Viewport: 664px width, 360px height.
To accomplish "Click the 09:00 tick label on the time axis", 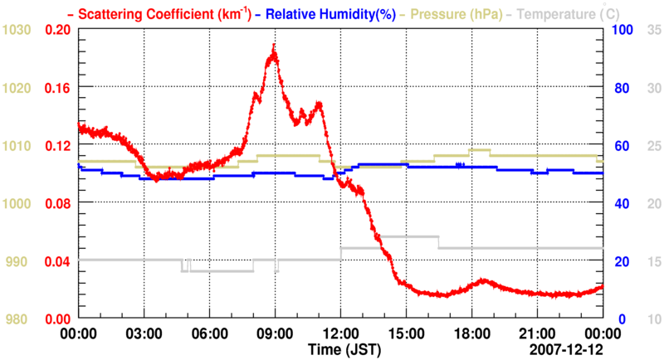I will click(275, 333).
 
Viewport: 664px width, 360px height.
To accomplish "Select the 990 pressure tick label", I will click(20, 261).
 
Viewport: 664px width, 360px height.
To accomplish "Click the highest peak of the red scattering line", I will click(273, 46).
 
